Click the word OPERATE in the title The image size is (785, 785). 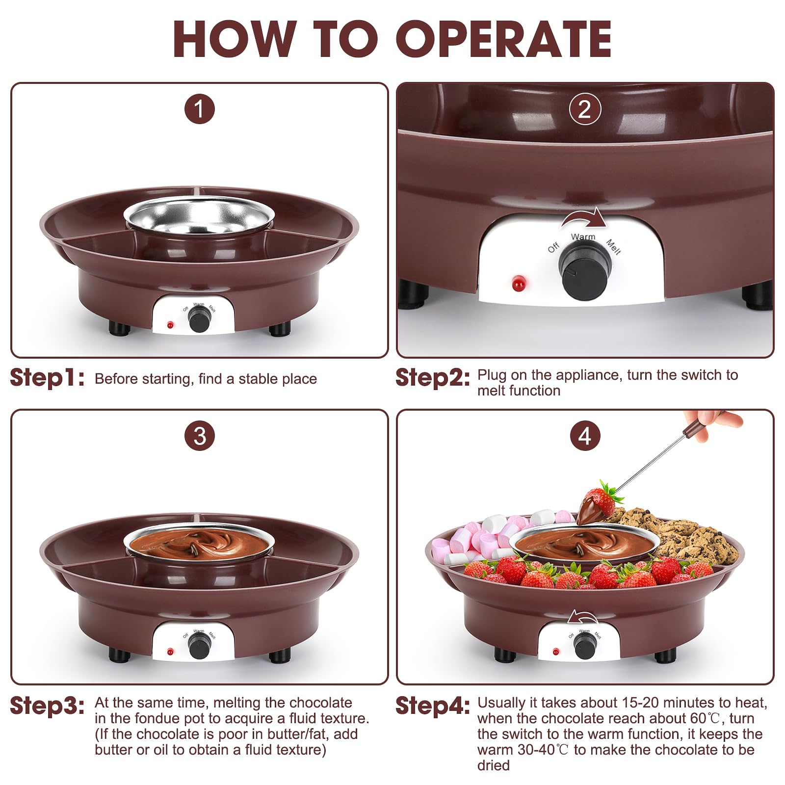click(503, 39)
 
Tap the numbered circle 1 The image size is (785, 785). click(199, 109)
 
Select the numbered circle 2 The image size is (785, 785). click(585, 109)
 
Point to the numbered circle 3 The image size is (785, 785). click(199, 436)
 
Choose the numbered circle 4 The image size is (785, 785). click(585, 436)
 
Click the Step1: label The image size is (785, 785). click(47, 378)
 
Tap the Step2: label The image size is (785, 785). click(432, 378)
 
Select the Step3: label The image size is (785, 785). click(47, 706)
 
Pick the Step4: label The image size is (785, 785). click(432, 706)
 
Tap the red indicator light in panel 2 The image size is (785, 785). click(518, 283)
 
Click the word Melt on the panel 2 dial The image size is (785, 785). click(613, 246)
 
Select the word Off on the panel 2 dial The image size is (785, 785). click(553, 247)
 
